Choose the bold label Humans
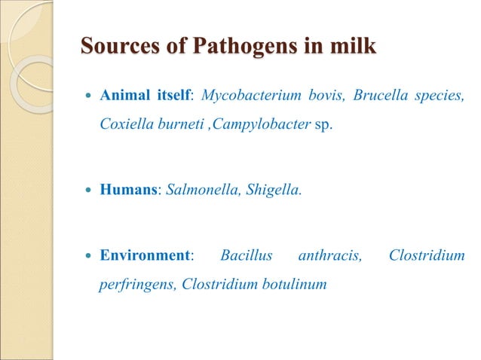tap(127, 191)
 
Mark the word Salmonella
tap(197, 191)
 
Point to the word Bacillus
tap(246, 256)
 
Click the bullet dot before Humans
tap(89, 191)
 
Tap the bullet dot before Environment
tap(89, 256)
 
